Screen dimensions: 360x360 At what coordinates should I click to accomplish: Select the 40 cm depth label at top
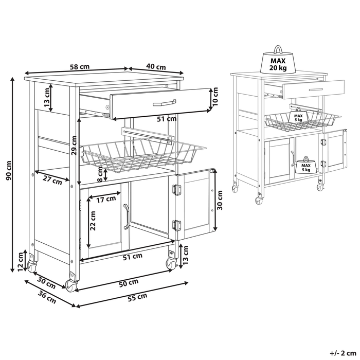[155, 67]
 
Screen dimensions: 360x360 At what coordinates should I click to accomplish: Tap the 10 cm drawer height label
[216, 96]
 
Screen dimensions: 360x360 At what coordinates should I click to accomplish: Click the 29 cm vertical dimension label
[74, 146]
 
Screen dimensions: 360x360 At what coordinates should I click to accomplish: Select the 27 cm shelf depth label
[53, 181]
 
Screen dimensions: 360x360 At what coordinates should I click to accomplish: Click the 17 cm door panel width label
[105, 199]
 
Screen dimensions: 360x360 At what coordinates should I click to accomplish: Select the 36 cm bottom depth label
[47, 298]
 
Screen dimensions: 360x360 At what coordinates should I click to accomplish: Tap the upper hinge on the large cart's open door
[177, 190]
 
